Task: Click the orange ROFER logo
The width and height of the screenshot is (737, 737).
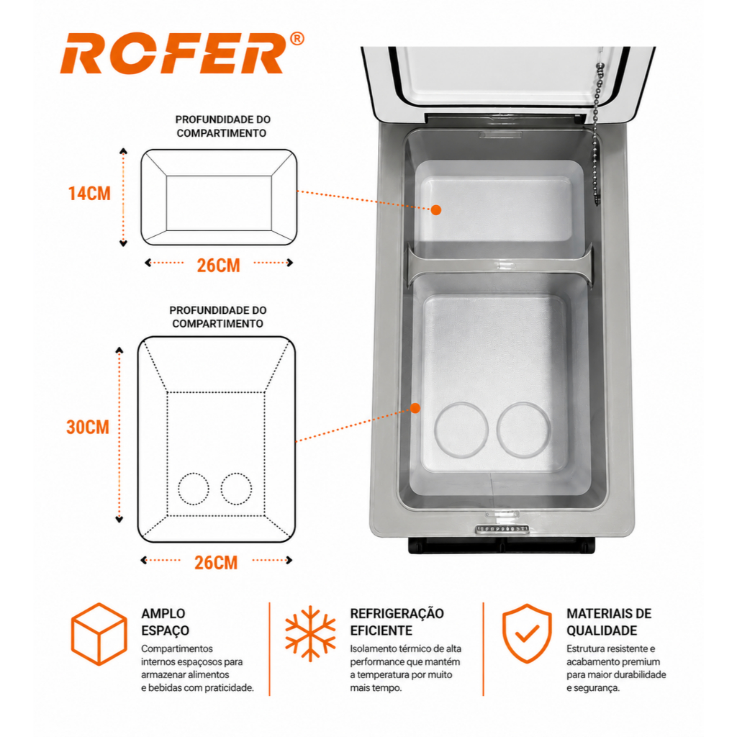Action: [x=173, y=53]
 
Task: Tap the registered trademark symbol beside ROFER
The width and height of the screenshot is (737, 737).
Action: [x=297, y=39]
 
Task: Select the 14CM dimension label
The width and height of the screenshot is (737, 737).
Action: [x=89, y=194]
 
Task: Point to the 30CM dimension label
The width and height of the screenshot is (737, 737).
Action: [x=88, y=428]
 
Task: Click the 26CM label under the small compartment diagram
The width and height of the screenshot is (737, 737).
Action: [x=219, y=266]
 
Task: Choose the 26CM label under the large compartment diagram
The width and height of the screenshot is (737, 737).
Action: [x=216, y=563]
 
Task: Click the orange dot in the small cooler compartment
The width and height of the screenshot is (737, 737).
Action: [x=436, y=210]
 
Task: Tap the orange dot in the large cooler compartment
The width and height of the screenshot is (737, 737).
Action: [x=415, y=408]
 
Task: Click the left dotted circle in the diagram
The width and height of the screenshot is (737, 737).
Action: [x=178, y=489]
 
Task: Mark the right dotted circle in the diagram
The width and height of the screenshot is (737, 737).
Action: [x=222, y=489]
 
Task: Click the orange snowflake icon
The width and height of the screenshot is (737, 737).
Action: [x=311, y=633]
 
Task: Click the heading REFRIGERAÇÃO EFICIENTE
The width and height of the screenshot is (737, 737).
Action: [x=397, y=622]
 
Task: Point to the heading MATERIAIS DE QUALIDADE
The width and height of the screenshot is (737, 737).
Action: [x=609, y=622]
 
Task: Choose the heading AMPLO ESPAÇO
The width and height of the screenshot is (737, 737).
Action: [x=166, y=622]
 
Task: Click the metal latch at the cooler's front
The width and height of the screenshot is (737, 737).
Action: [x=502, y=530]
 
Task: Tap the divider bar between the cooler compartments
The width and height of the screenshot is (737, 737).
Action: [x=500, y=265]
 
